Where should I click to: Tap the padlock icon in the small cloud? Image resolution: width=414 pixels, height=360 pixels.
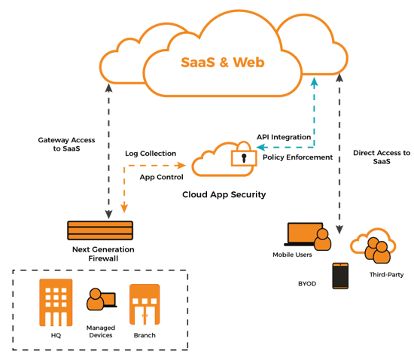(x=239, y=159)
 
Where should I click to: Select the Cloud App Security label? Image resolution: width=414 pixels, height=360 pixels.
(x=224, y=194)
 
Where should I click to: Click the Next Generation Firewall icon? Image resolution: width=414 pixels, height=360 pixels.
(x=100, y=230)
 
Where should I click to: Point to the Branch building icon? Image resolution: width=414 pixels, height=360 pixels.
(x=145, y=306)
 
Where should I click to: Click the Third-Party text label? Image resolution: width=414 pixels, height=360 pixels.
(x=385, y=276)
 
